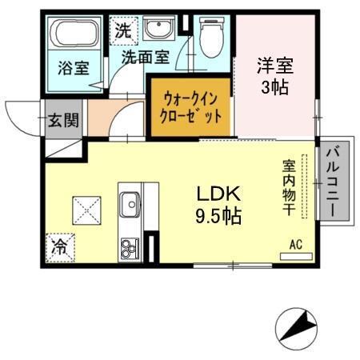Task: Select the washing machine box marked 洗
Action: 122,32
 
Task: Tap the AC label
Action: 295,244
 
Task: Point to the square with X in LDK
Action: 86,210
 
